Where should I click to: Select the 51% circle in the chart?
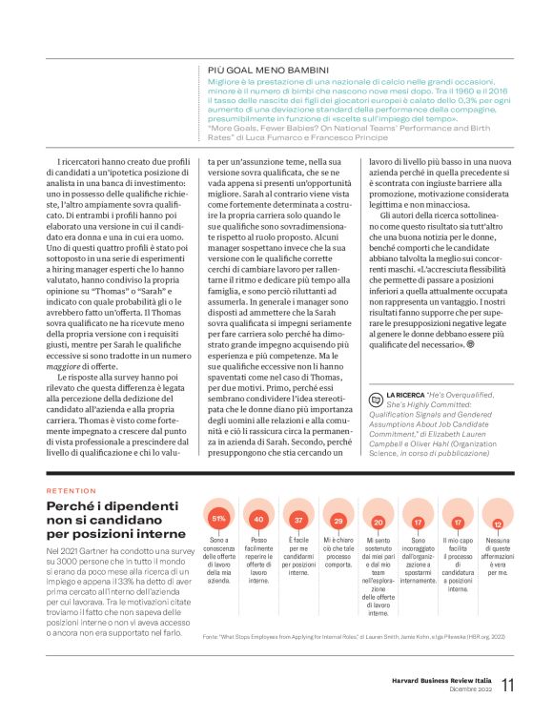[218, 518]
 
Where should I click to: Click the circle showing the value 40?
[258, 519]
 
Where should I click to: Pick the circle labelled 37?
[298, 520]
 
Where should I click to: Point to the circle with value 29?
[338, 521]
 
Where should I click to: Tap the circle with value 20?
[378, 522]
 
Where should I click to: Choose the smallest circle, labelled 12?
[498, 524]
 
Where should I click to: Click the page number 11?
[508, 685]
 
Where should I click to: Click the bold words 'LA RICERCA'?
[405, 392]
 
